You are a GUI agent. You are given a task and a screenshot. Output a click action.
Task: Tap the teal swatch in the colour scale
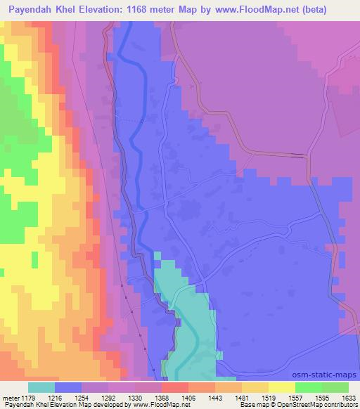tap(41, 387)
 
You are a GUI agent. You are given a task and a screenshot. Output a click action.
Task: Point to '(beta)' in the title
tap(335, 9)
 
